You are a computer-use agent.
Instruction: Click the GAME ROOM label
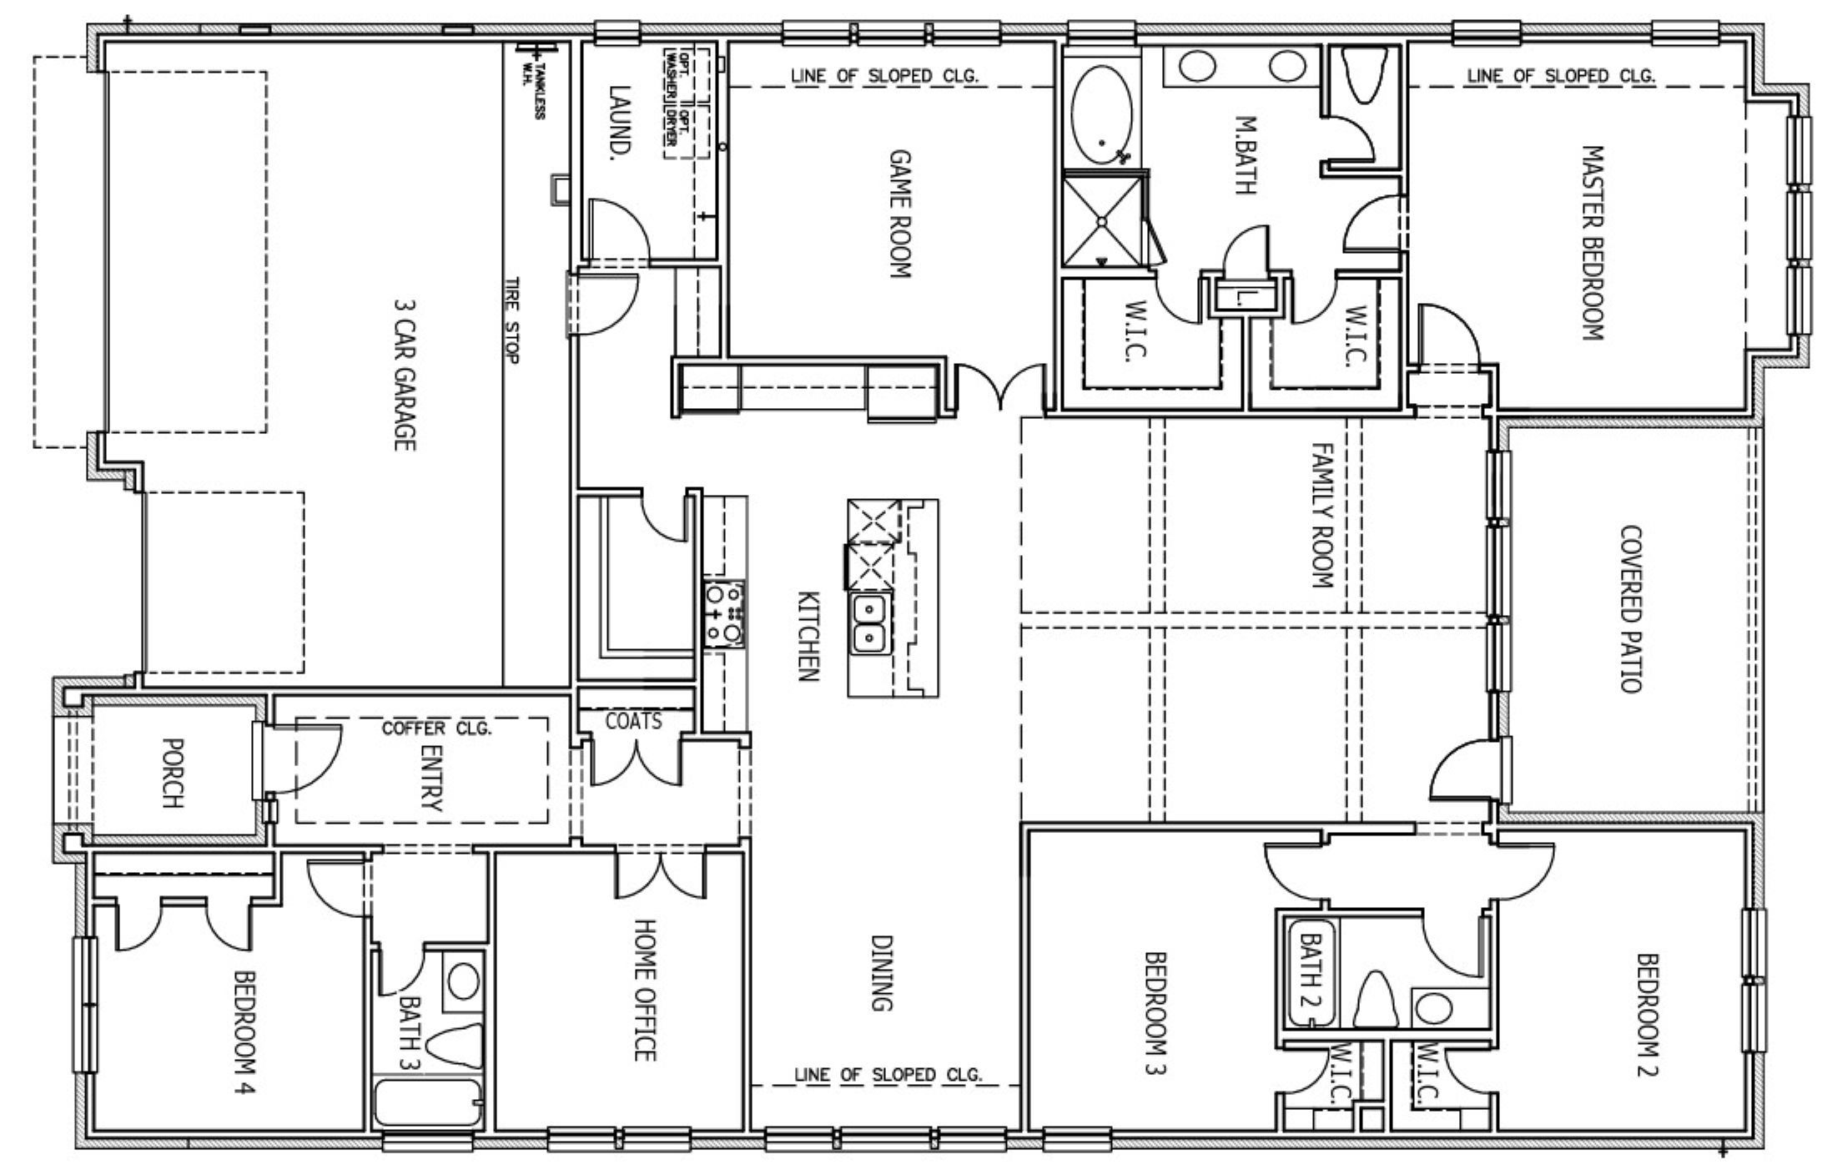pos(900,213)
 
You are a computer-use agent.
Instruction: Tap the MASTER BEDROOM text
pos(1593,243)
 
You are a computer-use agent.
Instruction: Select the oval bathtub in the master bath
pos(1102,116)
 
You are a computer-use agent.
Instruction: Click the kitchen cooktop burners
pos(723,614)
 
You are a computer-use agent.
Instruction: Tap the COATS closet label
pos(634,721)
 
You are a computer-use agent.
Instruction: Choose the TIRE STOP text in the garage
pos(511,320)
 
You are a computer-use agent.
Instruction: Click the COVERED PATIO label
pos(1630,608)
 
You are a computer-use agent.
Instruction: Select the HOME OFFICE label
pos(646,990)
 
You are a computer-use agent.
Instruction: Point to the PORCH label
pos(171,773)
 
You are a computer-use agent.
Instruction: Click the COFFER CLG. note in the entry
pos(437,728)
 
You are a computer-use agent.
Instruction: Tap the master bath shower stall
pos(1104,219)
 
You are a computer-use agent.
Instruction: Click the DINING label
pos(883,973)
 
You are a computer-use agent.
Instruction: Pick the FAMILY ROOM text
pos(1324,515)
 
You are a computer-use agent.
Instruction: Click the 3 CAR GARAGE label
pos(404,376)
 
